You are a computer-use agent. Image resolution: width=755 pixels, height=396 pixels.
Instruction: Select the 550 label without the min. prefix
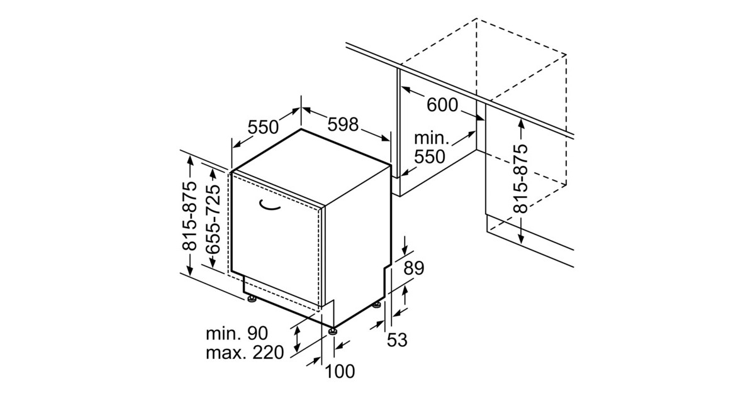coord(262,127)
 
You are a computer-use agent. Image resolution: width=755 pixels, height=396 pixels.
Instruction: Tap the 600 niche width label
coord(442,104)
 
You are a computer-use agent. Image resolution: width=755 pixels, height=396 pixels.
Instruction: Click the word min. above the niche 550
coord(431,138)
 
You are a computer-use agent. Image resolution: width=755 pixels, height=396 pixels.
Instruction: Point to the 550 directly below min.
coord(430,157)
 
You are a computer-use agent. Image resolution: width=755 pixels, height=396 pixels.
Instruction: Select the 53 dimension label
coord(397,340)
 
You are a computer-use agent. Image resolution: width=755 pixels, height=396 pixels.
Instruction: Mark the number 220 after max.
coord(264,353)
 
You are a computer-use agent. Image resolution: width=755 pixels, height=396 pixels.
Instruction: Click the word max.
coord(225,353)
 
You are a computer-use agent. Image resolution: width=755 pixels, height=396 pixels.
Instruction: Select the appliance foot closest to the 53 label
coord(376,305)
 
